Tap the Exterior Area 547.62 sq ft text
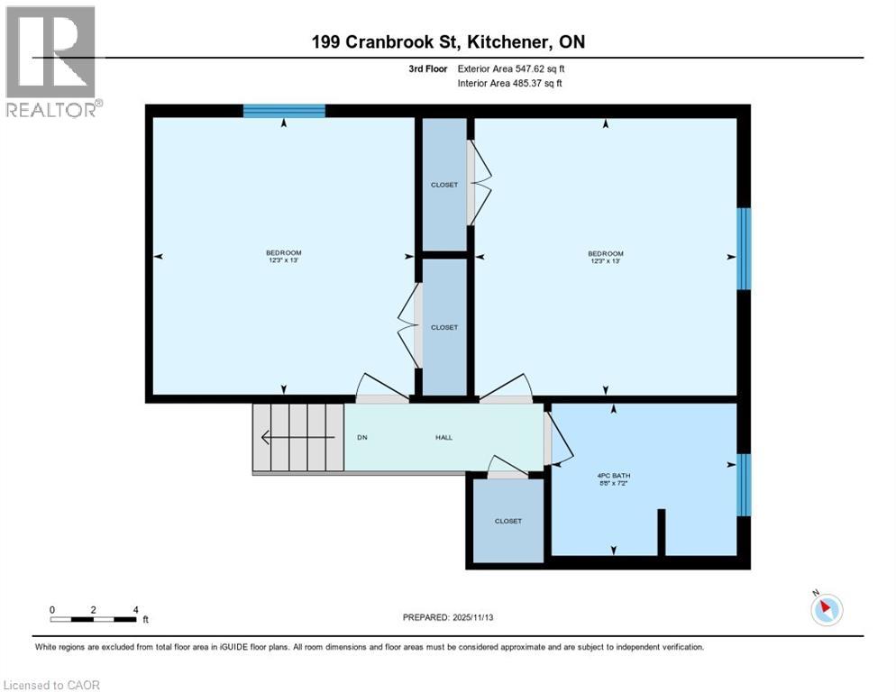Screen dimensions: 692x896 [511, 68]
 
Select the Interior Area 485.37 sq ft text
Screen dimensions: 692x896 [511, 84]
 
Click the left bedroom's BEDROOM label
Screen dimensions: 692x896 [283, 253]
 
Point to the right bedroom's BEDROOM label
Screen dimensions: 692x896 [606, 254]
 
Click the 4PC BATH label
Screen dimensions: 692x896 [611, 476]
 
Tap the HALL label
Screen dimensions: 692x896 [443, 438]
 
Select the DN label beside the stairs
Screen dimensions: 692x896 [362, 438]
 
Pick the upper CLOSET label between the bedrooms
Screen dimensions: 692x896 [444, 185]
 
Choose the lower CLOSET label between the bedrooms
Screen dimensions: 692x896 [444, 327]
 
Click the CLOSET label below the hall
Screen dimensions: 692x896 [508, 521]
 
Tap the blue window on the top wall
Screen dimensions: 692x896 [284, 111]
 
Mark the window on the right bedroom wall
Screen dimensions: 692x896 [744, 249]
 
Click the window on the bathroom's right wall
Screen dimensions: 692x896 [744, 485]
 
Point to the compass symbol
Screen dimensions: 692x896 [826, 609]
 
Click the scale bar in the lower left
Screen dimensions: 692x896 [94, 619]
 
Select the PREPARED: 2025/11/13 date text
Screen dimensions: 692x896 [448, 617]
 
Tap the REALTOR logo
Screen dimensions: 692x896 [53, 61]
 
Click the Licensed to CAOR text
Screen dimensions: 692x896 [51, 685]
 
